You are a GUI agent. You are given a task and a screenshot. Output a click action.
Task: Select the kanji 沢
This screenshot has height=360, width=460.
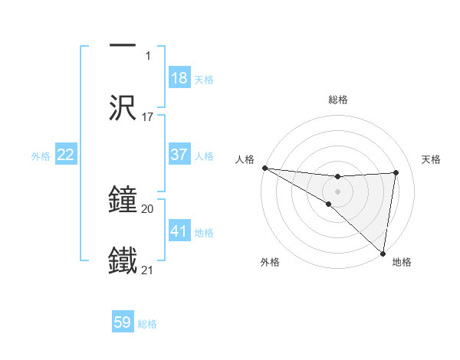click(123, 108)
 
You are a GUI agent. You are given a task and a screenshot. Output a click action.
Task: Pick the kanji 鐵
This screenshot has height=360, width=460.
click(123, 261)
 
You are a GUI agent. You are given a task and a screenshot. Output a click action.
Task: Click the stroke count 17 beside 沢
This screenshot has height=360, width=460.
click(148, 117)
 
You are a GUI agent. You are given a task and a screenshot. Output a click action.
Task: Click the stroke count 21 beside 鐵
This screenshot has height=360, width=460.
click(148, 270)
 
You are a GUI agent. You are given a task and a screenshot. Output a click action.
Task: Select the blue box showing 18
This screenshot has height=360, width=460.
click(179, 78)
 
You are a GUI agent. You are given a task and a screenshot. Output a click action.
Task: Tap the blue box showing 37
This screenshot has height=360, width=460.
click(179, 155)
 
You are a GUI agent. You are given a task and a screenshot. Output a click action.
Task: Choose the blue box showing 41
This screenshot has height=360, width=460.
click(179, 231)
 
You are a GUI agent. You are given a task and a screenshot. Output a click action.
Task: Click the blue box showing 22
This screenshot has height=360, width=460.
click(66, 155)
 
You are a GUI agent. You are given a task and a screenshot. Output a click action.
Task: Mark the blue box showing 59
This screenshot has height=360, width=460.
click(123, 322)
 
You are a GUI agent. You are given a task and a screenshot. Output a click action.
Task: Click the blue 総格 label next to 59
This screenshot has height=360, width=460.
click(148, 324)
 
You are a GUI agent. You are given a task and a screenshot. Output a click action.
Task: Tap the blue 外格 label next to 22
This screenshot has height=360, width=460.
click(41, 156)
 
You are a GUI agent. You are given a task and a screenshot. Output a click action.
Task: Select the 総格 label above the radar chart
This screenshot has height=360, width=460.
click(338, 100)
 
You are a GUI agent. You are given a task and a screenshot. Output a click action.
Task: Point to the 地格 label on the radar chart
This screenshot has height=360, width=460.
click(402, 262)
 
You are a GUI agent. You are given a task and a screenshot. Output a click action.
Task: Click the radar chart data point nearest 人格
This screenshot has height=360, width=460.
click(264, 168)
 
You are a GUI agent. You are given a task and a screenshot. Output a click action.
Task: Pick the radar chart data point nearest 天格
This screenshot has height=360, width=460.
click(396, 172)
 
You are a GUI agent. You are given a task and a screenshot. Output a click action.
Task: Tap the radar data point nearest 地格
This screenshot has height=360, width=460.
click(383, 253)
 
